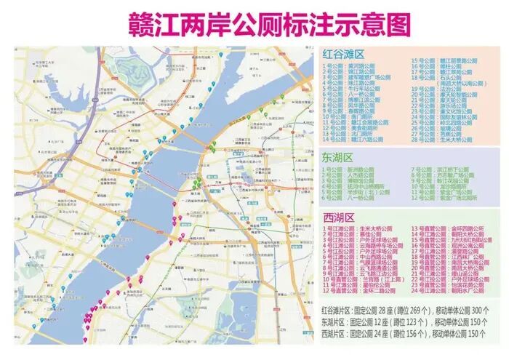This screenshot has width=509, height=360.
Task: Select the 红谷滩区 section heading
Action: tap(344, 52)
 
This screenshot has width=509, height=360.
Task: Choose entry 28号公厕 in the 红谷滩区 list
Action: tap(441, 140)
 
